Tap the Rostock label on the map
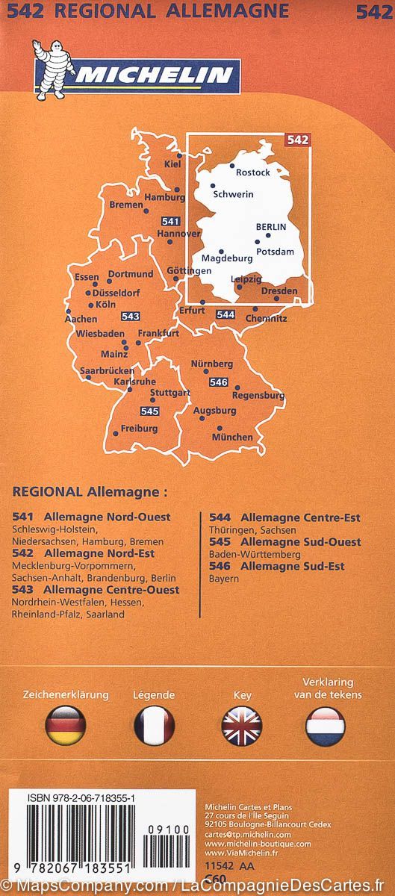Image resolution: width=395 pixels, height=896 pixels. (252, 172)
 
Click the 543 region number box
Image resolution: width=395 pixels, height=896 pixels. (131, 316)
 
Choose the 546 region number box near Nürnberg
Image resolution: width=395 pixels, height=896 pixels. (218, 382)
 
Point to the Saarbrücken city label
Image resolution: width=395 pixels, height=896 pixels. (108, 370)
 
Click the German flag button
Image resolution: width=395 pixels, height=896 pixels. (66, 724)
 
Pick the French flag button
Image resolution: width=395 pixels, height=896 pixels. (154, 724)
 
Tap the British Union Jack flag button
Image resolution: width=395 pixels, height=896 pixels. (242, 724)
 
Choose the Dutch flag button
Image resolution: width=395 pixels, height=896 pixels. (326, 724)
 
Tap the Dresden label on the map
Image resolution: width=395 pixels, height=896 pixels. (280, 291)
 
